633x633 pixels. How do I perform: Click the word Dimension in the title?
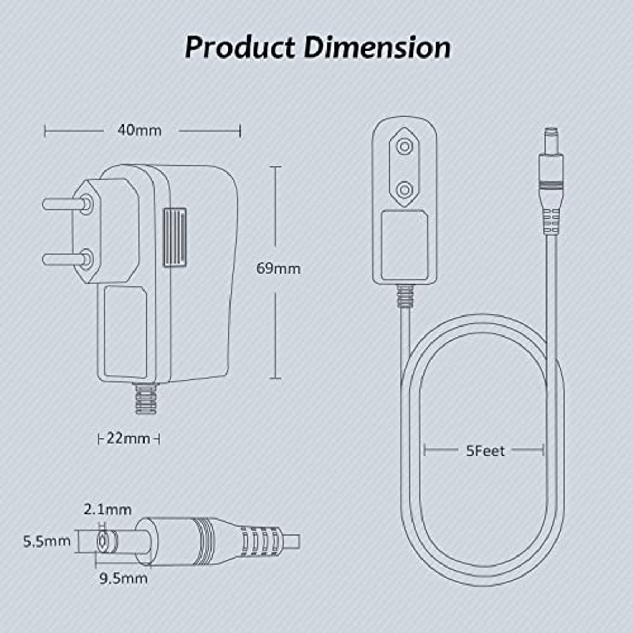378,47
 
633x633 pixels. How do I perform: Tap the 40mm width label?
140,130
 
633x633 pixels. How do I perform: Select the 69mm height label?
278,268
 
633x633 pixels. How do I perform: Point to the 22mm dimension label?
128,438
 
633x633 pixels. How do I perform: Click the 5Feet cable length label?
485,451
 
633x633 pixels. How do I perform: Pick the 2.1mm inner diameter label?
107,510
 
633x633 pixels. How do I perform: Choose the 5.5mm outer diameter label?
46,541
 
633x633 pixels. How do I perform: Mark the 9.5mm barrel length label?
123,578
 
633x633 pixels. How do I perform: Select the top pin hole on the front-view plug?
405,146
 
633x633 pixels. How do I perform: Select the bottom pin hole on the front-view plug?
405,189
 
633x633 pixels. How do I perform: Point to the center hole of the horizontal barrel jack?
101,541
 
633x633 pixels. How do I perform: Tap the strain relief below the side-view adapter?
145,399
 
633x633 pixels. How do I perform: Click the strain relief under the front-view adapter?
405,296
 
